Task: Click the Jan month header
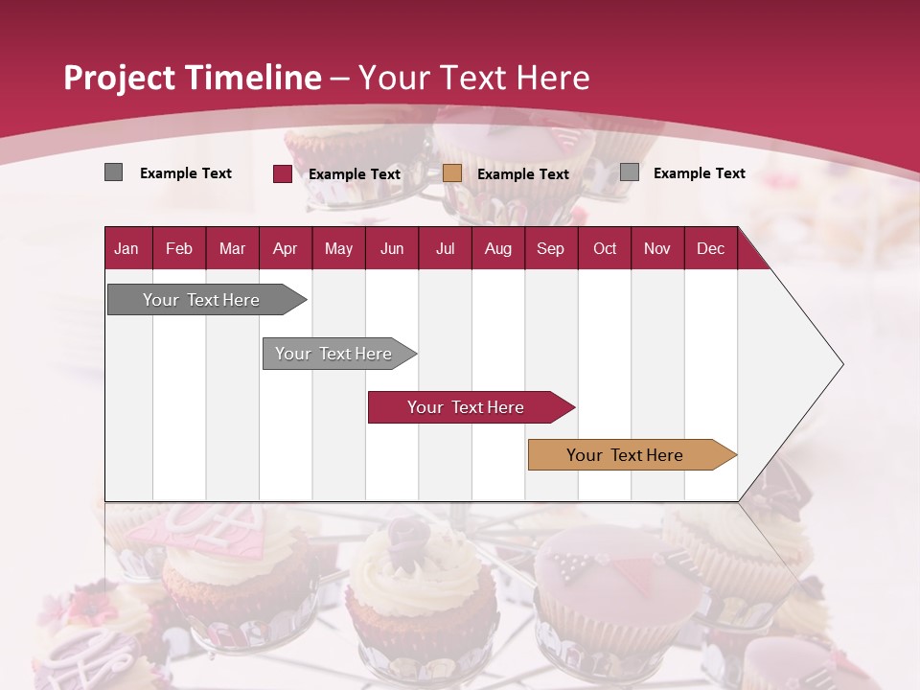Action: (126, 248)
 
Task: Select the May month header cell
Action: (338, 248)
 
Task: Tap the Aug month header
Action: (497, 248)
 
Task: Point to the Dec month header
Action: (710, 248)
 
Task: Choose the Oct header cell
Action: (604, 248)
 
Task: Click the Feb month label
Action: (179, 248)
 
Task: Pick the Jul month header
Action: (445, 248)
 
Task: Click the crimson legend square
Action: (282, 173)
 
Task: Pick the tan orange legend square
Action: (452, 173)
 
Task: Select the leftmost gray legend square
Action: (113, 172)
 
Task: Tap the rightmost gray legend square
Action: (629, 172)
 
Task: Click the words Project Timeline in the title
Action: (192, 78)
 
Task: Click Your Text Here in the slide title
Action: (473, 78)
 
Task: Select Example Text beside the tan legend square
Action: (522, 174)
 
